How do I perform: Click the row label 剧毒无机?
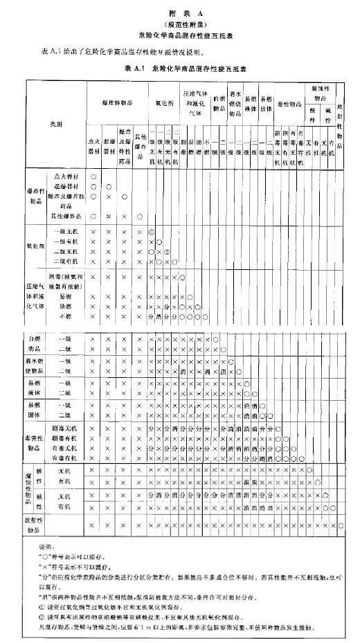tap(64, 429)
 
